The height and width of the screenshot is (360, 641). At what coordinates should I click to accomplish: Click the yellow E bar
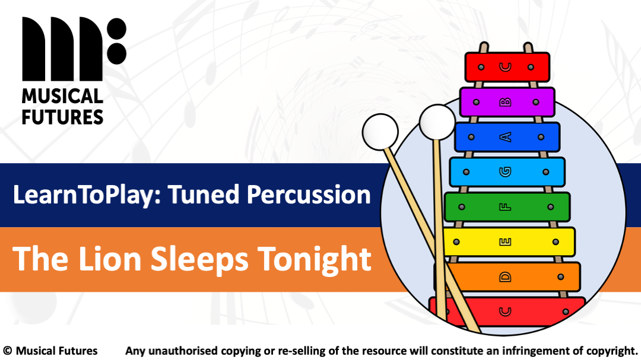[508, 242]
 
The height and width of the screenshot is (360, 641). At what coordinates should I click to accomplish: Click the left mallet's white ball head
[380, 129]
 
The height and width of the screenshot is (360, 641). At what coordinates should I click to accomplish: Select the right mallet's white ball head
[437, 122]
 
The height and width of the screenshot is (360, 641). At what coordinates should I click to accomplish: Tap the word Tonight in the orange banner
[314, 259]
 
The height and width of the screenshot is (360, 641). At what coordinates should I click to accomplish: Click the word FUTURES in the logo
[62, 116]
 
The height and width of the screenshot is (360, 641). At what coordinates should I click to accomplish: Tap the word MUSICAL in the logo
[62, 97]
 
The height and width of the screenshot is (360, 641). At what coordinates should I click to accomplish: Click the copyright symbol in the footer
[8, 351]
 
